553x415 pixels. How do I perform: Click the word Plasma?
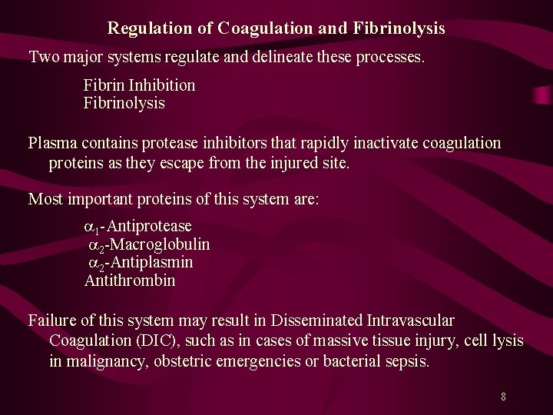pos(51,143)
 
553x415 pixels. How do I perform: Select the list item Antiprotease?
pos(152,227)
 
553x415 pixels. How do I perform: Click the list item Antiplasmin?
pos(154,263)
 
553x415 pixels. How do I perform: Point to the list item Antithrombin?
pos(130,281)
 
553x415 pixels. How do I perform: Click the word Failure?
pos(53,320)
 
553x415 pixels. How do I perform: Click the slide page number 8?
pos(503,397)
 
